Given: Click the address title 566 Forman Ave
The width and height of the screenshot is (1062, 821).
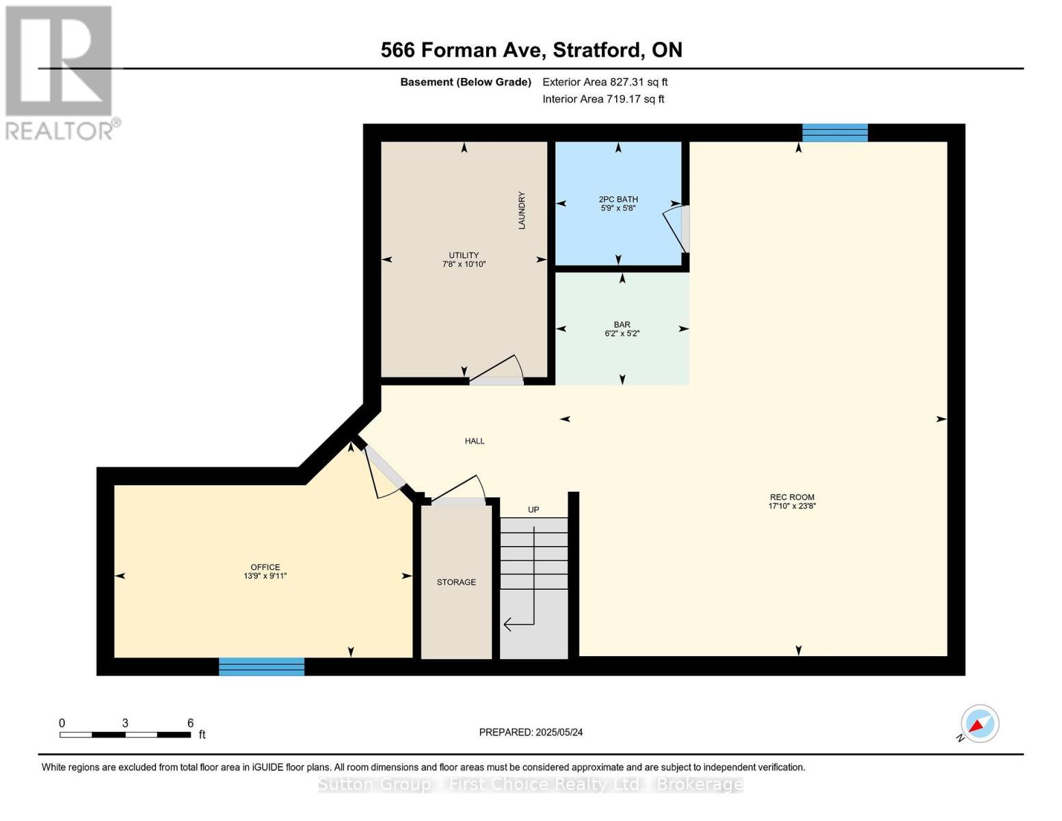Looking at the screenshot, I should (x=531, y=50).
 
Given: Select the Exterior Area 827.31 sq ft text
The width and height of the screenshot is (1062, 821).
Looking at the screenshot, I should (x=605, y=82).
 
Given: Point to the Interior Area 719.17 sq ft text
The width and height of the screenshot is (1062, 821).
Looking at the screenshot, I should (x=603, y=99).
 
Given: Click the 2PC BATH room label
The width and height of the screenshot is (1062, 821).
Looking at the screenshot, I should (x=618, y=204).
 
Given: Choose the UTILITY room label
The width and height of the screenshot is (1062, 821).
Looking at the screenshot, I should (x=464, y=259).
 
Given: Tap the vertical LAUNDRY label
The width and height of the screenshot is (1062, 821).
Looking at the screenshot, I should (x=522, y=210).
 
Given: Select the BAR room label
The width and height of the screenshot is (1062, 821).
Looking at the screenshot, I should (x=622, y=329).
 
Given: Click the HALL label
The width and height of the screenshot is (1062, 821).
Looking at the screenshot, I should (x=475, y=441).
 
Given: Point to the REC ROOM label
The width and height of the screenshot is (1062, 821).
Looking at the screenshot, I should (x=792, y=501).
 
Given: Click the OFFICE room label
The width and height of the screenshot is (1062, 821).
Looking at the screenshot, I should (x=265, y=571).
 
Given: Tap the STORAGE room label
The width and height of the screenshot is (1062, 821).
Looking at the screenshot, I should (x=456, y=582).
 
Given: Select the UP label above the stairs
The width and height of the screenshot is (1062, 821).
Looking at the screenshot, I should (x=533, y=510).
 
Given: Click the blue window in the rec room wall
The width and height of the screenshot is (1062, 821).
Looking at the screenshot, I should (x=834, y=133).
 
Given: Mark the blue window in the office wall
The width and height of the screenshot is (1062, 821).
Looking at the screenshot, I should (x=261, y=666).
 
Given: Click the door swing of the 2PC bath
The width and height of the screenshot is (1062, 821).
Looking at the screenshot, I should (x=676, y=230).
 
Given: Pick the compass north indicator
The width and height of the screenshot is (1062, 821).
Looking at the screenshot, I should (x=979, y=724).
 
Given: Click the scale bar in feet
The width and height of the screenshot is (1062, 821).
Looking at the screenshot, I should (x=125, y=735).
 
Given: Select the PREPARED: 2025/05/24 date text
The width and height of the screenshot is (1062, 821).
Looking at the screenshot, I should (x=531, y=732).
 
